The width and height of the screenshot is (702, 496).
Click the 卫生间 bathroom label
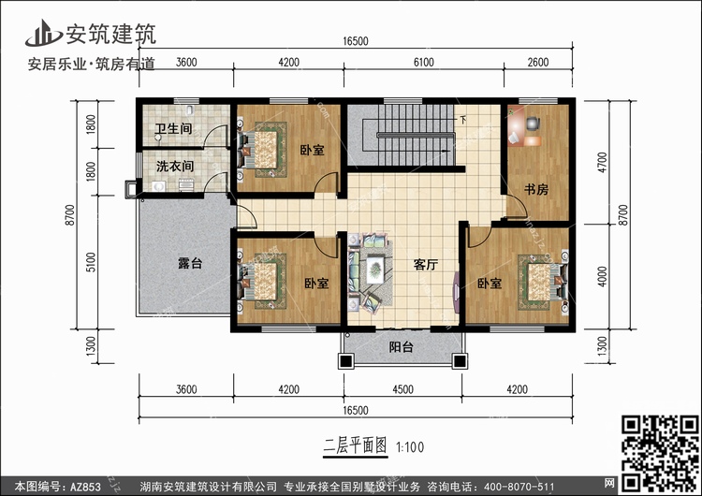click(174, 129)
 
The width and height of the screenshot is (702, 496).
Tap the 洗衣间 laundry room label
click(174, 167)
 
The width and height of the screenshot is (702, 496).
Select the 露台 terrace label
click(190, 264)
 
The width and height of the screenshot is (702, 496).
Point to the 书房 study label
click(535, 190)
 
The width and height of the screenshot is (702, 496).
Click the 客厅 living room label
click(427, 265)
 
